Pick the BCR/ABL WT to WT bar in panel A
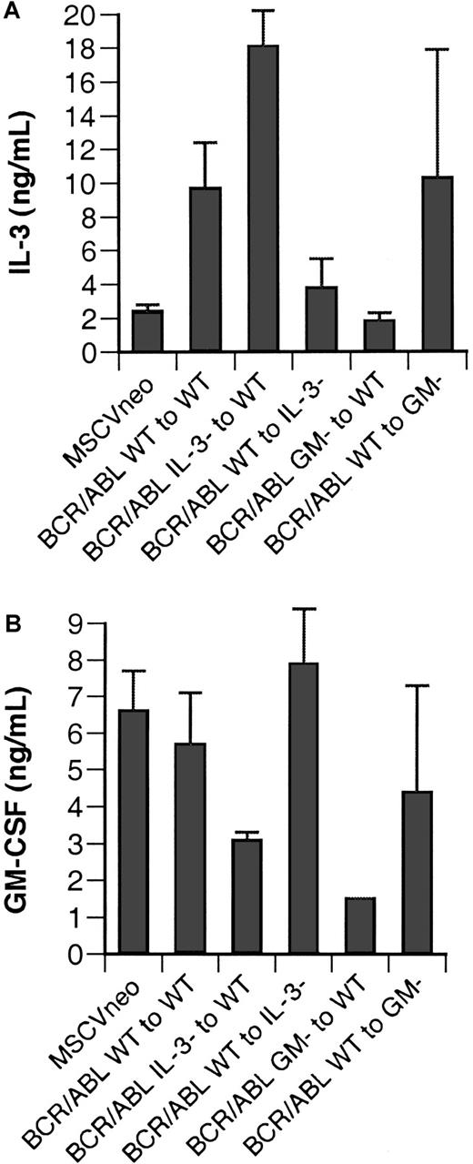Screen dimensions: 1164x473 click(x=206, y=269)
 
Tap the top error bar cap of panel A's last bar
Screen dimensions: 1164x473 click(x=439, y=49)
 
